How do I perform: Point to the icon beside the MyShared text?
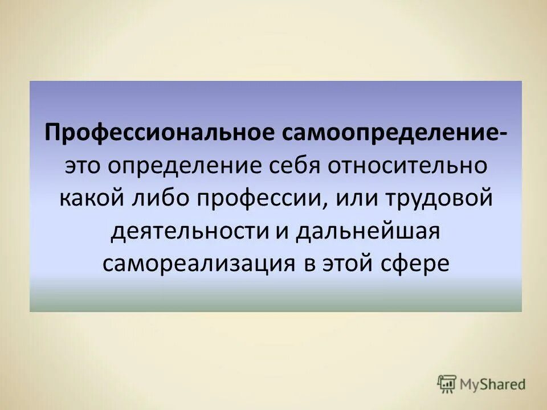coord(447,384)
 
